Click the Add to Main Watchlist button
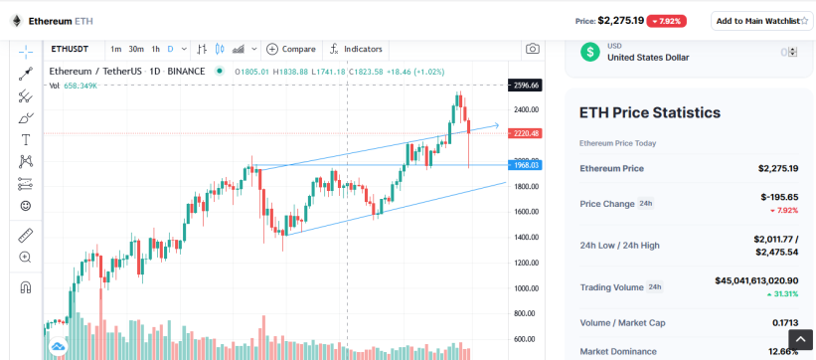pyautogui.click(x=762, y=21)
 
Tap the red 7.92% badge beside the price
pyautogui.click(x=667, y=21)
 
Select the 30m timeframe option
pyautogui.click(x=136, y=49)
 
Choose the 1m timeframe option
pyautogui.click(x=116, y=49)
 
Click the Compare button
pyautogui.click(x=291, y=49)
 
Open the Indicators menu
pyautogui.click(x=357, y=49)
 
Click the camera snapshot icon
pyautogui.click(x=533, y=49)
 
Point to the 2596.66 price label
pyautogui.click(x=525, y=85)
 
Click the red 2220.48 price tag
pyautogui.click(x=525, y=134)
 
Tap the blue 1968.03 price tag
pyautogui.click(x=525, y=165)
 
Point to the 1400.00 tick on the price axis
pyautogui.click(x=526, y=238)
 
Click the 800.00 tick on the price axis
pyautogui.click(x=527, y=313)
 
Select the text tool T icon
pyautogui.click(x=25, y=139)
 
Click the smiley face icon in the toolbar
pyautogui.click(x=25, y=206)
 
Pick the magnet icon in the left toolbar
pyautogui.click(x=25, y=287)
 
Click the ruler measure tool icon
pyautogui.click(x=25, y=236)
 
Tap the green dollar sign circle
pyautogui.click(x=590, y=52)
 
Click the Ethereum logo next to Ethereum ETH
pyautogui.click(x=17, y=21)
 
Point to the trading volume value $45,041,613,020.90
pyautogui.click(x=756, y=280)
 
